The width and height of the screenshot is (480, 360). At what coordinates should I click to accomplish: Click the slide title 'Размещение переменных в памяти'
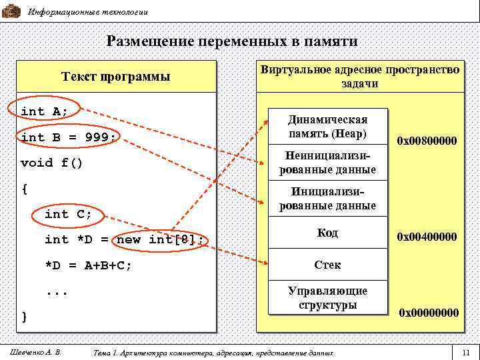pos(232,41)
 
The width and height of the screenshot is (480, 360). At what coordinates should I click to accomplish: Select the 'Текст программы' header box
pos(116,77)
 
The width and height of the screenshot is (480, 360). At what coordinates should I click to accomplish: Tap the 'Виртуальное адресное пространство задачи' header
pos(360,77)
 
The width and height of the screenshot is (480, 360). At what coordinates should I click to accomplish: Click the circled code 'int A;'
pos(45,111)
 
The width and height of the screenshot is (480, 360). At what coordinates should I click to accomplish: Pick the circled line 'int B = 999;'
pos(69,137)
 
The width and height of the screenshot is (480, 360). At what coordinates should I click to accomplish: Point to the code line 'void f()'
pos(52,163)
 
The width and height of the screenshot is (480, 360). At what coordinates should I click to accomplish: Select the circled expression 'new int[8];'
pos(160,239)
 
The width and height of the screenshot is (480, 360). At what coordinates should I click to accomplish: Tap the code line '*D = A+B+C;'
pos(88,265)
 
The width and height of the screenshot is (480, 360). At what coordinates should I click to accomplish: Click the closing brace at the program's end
pos(25,316)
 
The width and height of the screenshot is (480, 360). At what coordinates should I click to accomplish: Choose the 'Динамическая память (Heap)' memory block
pos(327,126)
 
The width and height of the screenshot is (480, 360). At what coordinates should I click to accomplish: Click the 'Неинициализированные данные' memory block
pos(327,162)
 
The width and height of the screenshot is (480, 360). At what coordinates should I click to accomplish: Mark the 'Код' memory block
pos(327,233)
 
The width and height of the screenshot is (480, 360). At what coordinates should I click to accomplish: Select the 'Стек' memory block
pos(327,265)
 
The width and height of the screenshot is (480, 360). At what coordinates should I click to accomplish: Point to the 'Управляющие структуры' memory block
pos(327,297)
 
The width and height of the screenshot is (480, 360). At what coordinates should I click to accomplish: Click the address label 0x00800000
pos(427,141)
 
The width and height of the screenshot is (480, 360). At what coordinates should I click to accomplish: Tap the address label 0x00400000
pos(427,237)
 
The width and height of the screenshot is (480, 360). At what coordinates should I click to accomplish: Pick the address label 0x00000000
pos(429,312)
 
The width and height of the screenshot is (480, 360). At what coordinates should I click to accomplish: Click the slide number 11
pos(465,351)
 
